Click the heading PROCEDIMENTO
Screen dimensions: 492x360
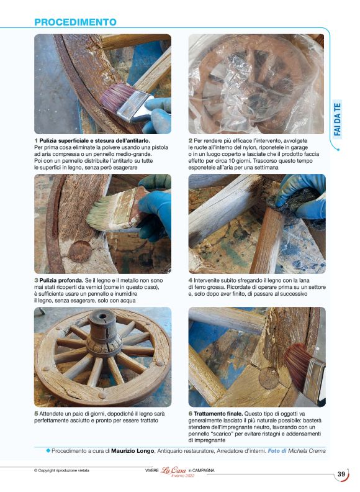(75, 22)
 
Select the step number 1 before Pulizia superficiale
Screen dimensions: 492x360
(36, 141)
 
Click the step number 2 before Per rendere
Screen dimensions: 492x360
(190, 141)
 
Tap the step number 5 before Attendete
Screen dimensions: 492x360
(36, 414)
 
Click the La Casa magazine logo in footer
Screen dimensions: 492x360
(174, 471)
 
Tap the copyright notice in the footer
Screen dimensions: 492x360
(61, 470)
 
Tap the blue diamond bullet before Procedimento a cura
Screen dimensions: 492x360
(48, 450)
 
